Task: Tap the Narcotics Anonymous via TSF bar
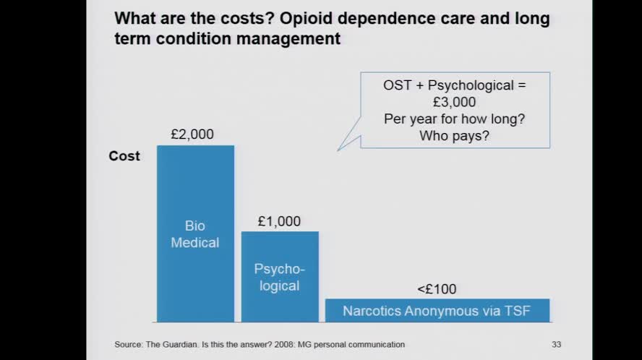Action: pos(437,311)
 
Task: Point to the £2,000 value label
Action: pos(192,134)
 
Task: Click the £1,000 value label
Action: pos(279,221)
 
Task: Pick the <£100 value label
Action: pos(437,289)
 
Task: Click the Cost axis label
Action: pos(124,156)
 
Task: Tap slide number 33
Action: pos(556,344)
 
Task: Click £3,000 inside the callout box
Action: pos(455,102)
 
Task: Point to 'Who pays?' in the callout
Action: pos(455,135)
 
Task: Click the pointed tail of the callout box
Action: pos(340,148)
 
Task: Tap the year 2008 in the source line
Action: pos(304,345)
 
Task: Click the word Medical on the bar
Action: pos(194,243)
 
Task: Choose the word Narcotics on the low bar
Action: pos(372,311)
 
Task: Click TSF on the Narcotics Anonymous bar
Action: pos(517,311)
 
